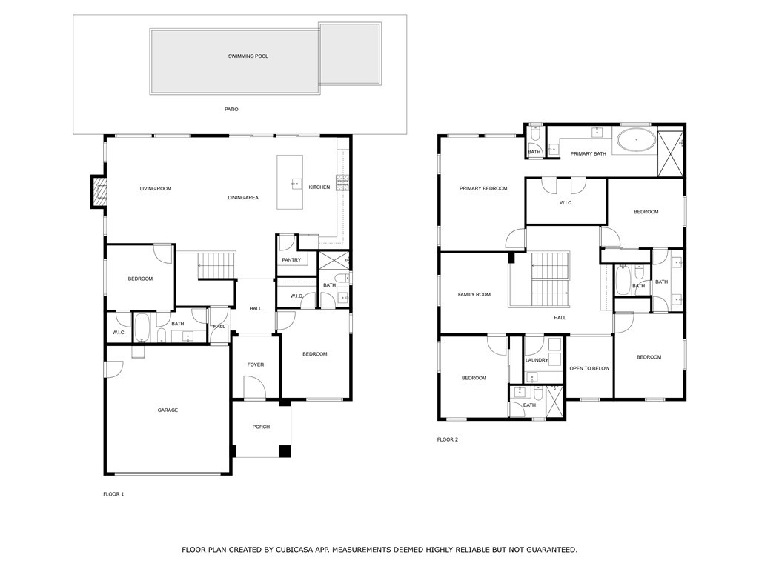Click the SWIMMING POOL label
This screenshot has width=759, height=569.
pyautogui.click(x=248, y=56)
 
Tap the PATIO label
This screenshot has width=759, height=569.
pyautogui.click(x=231, y=110)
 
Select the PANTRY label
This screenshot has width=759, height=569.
pyautogui.click(x=291, y=260)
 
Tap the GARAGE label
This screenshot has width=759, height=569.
pyautogui.click(x=168, y=410)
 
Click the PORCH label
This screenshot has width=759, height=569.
pyautogui.click(x=261, y=427)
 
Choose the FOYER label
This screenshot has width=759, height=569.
pyautogui.click(x=255, y=365)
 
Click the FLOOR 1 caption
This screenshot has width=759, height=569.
pyautogui.click(x=113, y=493)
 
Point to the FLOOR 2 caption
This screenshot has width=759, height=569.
pyautogui.click(x=448, y=439)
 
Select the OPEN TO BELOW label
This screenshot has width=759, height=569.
pyautogui.click(x=589, y=368)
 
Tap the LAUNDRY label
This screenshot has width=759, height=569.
pyautogui.click(x=537, y=361)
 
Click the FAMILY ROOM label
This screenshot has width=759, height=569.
pyautogui.click(x=474, y=295)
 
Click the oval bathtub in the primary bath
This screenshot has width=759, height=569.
pyautogui.click(x=636, y=140)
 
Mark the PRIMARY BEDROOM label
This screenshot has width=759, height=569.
pyautogui.click(x=483, y=189)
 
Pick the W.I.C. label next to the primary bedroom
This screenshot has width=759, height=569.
pyautogui.click(x=566, y=203)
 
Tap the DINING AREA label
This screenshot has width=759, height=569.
pyautogui.click(x=243, y=198)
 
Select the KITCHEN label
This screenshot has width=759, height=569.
pyautogui.click(x=319, y=187)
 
